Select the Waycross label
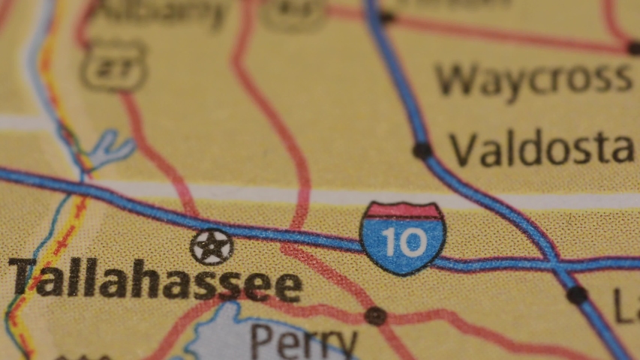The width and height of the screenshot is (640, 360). pyautogui.click(x=534, y=79)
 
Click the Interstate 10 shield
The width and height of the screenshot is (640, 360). pyautogui.click(x=403, y=237)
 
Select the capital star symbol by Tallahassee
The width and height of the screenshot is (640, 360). pyautogui.click(x=212, y=247)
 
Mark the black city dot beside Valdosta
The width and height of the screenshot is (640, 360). pyautogui.click(x=422, y=150)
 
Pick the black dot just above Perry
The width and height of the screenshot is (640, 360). pyautogui.click(x=375, y=316)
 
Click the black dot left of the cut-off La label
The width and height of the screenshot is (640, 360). pyautogui.click(x=576, y=295)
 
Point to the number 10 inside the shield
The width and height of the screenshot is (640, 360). pyautogui.click(x=403, y=242)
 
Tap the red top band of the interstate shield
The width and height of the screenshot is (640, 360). pyautogui.click(x=403, y=211)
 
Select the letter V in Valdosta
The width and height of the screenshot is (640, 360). pyautogui.click(x=464, y=150)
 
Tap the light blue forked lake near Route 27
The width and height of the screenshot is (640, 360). pyautogui.click(x=109, y=149)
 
